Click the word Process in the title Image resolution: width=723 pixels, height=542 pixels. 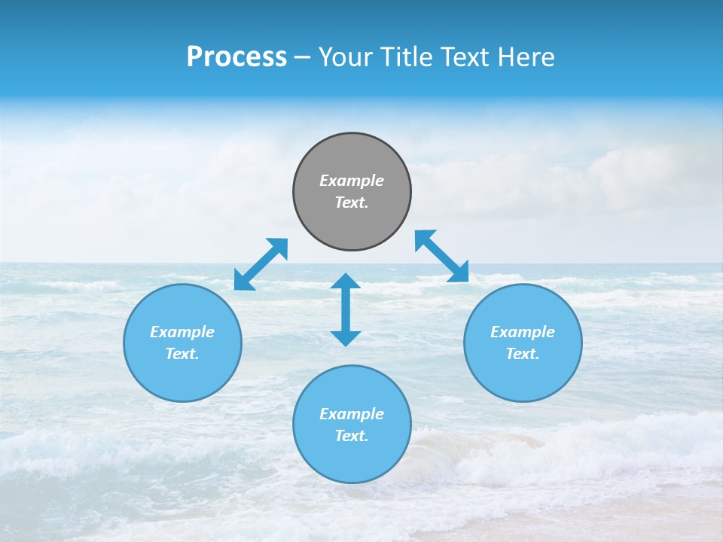point(236,57)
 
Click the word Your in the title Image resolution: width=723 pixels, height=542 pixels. point(346,57)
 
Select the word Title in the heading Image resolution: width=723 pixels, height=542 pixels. point(403,57)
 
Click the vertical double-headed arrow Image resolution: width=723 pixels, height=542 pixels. point(346,309)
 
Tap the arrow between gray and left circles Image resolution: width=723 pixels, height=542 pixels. point(261,264)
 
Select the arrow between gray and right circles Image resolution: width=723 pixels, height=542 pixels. point(442,256)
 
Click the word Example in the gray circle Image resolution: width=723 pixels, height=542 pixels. point(352,181)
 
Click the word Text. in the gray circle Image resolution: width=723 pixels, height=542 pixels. point(352,202)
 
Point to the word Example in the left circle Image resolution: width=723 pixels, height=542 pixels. point(182,332)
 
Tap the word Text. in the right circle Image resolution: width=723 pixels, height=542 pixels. point(523,354)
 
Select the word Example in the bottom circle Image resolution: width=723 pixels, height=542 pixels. point(352,414)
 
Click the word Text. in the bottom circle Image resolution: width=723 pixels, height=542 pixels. point(352,436)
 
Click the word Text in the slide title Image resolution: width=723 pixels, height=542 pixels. point(463,57)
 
